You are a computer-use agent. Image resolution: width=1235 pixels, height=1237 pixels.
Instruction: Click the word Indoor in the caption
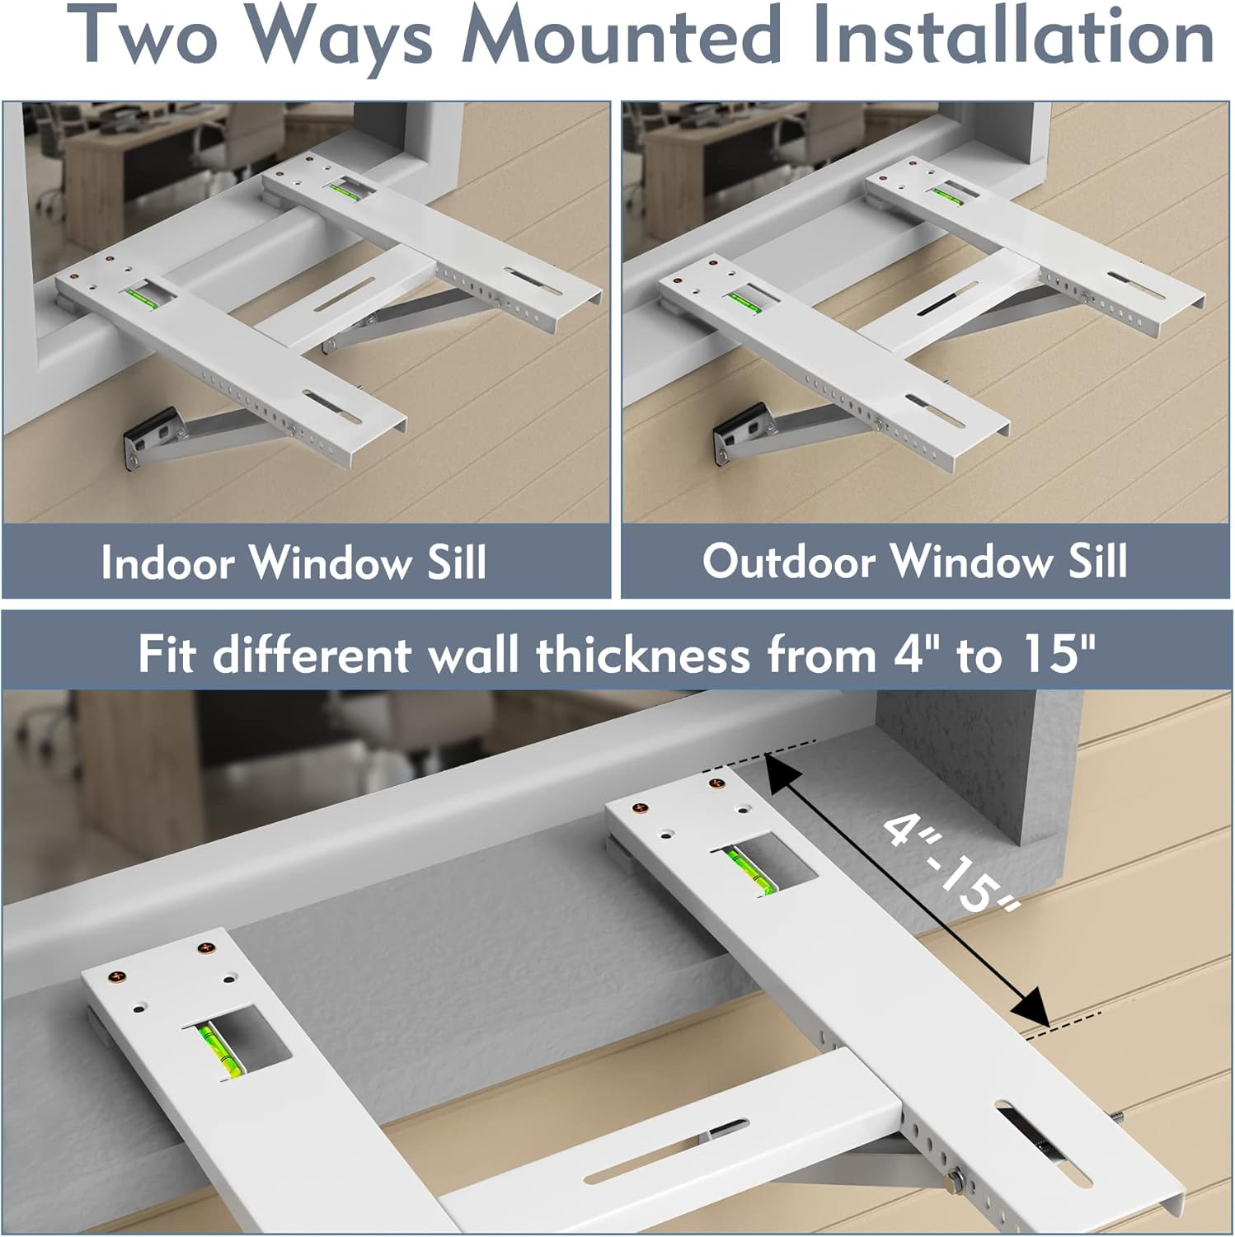coord(167,563)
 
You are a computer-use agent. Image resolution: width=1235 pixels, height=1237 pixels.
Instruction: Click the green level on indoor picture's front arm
coord(141,294)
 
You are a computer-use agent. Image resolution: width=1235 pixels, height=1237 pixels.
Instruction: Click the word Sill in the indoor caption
coord(456,563)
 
